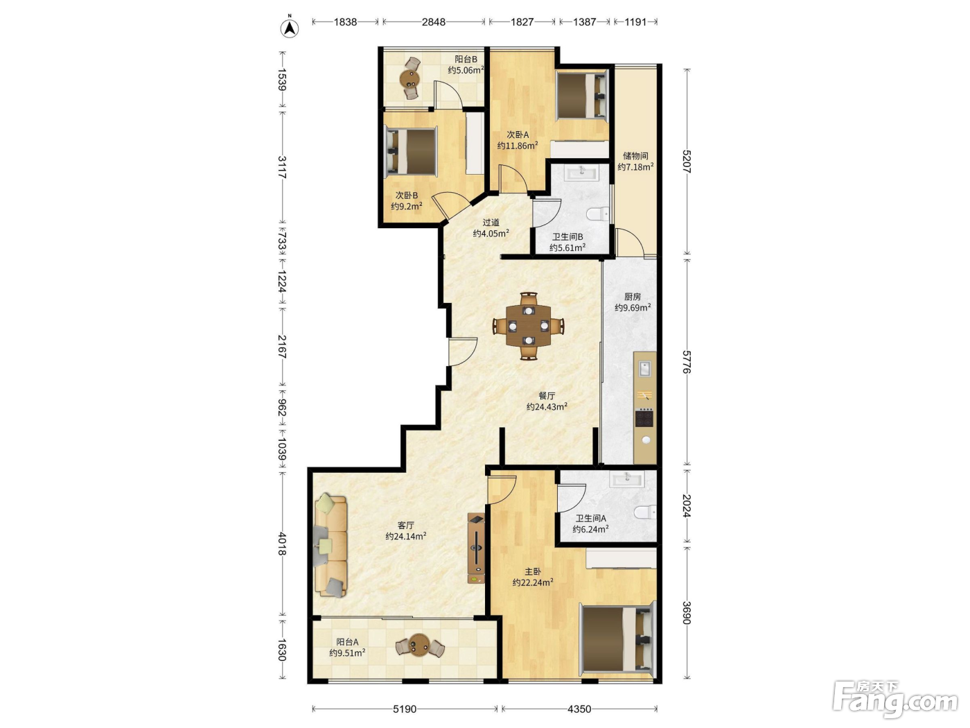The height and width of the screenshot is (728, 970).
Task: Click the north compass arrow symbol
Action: tap(290, 28)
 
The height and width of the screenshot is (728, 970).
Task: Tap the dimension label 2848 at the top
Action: tap(434, 21)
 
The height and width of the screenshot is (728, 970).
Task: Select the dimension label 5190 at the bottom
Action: tap(405, 709)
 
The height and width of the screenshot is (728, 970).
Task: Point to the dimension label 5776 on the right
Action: tap(686, 361)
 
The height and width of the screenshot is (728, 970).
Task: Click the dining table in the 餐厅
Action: tap(529, 326)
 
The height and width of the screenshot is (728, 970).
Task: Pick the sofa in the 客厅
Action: tap(330, 546)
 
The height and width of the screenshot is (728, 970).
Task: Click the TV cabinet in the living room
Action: tap(476, 548)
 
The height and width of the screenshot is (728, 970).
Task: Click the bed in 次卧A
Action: tap(581, 95)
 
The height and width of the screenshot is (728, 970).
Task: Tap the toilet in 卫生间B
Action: tap(598, 214)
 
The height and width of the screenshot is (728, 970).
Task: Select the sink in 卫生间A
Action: tap(626, 478)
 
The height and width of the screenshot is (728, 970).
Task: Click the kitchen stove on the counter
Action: tap(645, 418)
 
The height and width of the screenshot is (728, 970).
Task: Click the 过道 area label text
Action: tap(491, 223)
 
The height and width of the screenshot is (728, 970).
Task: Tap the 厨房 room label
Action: tap(633, 297)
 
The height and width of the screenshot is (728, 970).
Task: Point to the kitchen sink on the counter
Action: tap(645, 368)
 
